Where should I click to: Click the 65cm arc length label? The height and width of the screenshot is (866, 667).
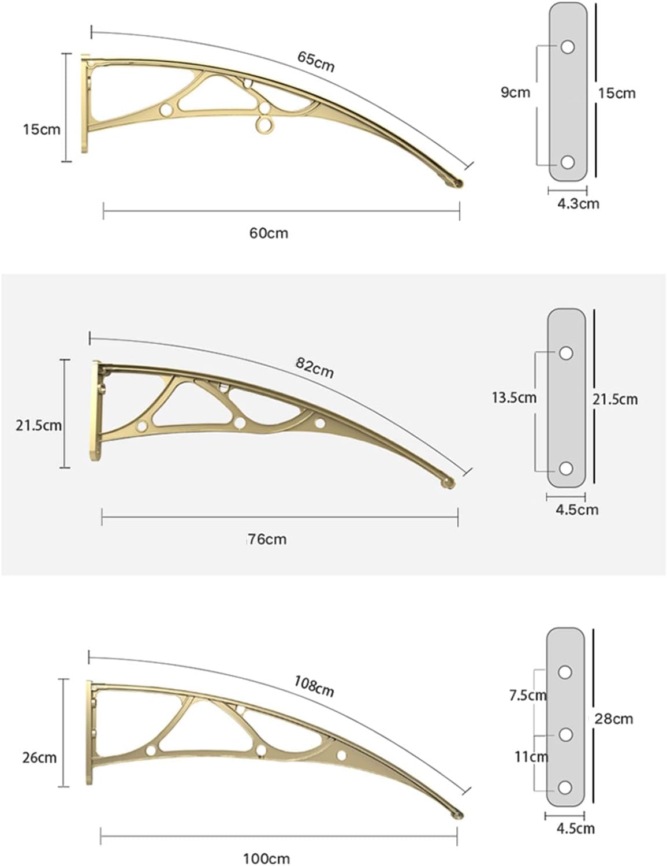316,62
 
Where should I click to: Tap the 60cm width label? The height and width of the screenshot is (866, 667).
269,233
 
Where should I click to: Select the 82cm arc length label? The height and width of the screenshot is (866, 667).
315,367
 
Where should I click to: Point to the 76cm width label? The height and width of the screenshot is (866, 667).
267,540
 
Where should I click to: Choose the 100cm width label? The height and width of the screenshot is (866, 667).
266,858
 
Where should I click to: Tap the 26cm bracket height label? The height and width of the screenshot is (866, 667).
39,757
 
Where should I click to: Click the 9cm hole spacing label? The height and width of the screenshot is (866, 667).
516,92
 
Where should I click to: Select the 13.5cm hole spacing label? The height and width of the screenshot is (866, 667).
514,397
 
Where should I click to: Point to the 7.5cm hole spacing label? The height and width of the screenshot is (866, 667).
528,696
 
